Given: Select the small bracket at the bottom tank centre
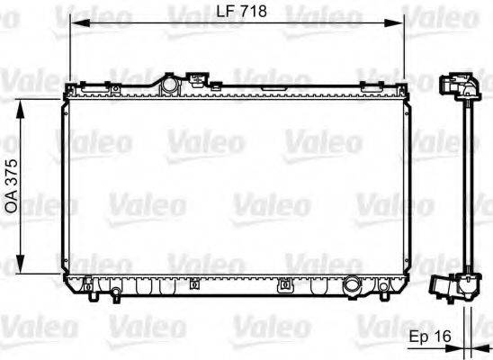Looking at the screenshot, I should point(285,288).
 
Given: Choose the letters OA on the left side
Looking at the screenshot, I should point(13,203).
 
